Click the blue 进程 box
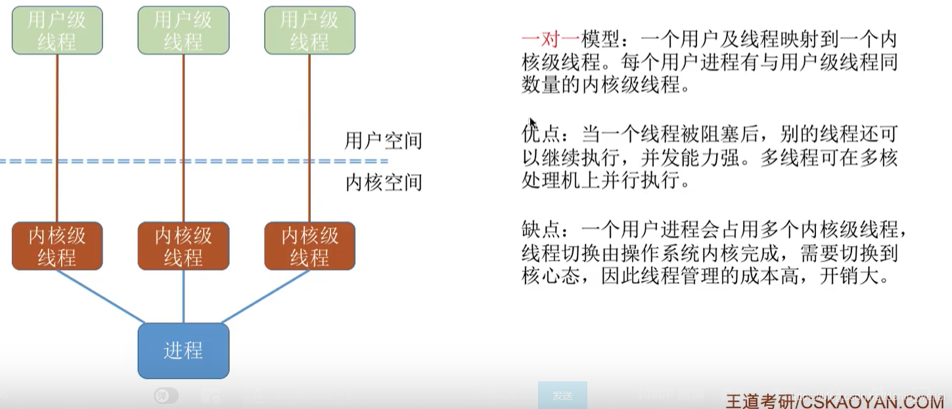[x=183, y=351]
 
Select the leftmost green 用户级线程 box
[x=57, y=31]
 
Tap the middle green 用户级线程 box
[x=183, y=31]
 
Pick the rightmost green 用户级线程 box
[x=309, y=31]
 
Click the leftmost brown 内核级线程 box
[x=57, y=246]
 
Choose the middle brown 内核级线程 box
[x=183, y=246]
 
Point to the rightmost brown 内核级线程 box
[x=309, y=246]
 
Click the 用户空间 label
[x=383, y=140]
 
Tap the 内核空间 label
[x=383, y=182]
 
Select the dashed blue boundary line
[x=197, y=161]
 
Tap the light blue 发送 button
[x=562, y=395]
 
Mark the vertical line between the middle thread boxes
[x=183, y=138]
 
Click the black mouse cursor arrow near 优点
[x=532, y=123]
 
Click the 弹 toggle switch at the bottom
[x=166, y=396]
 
